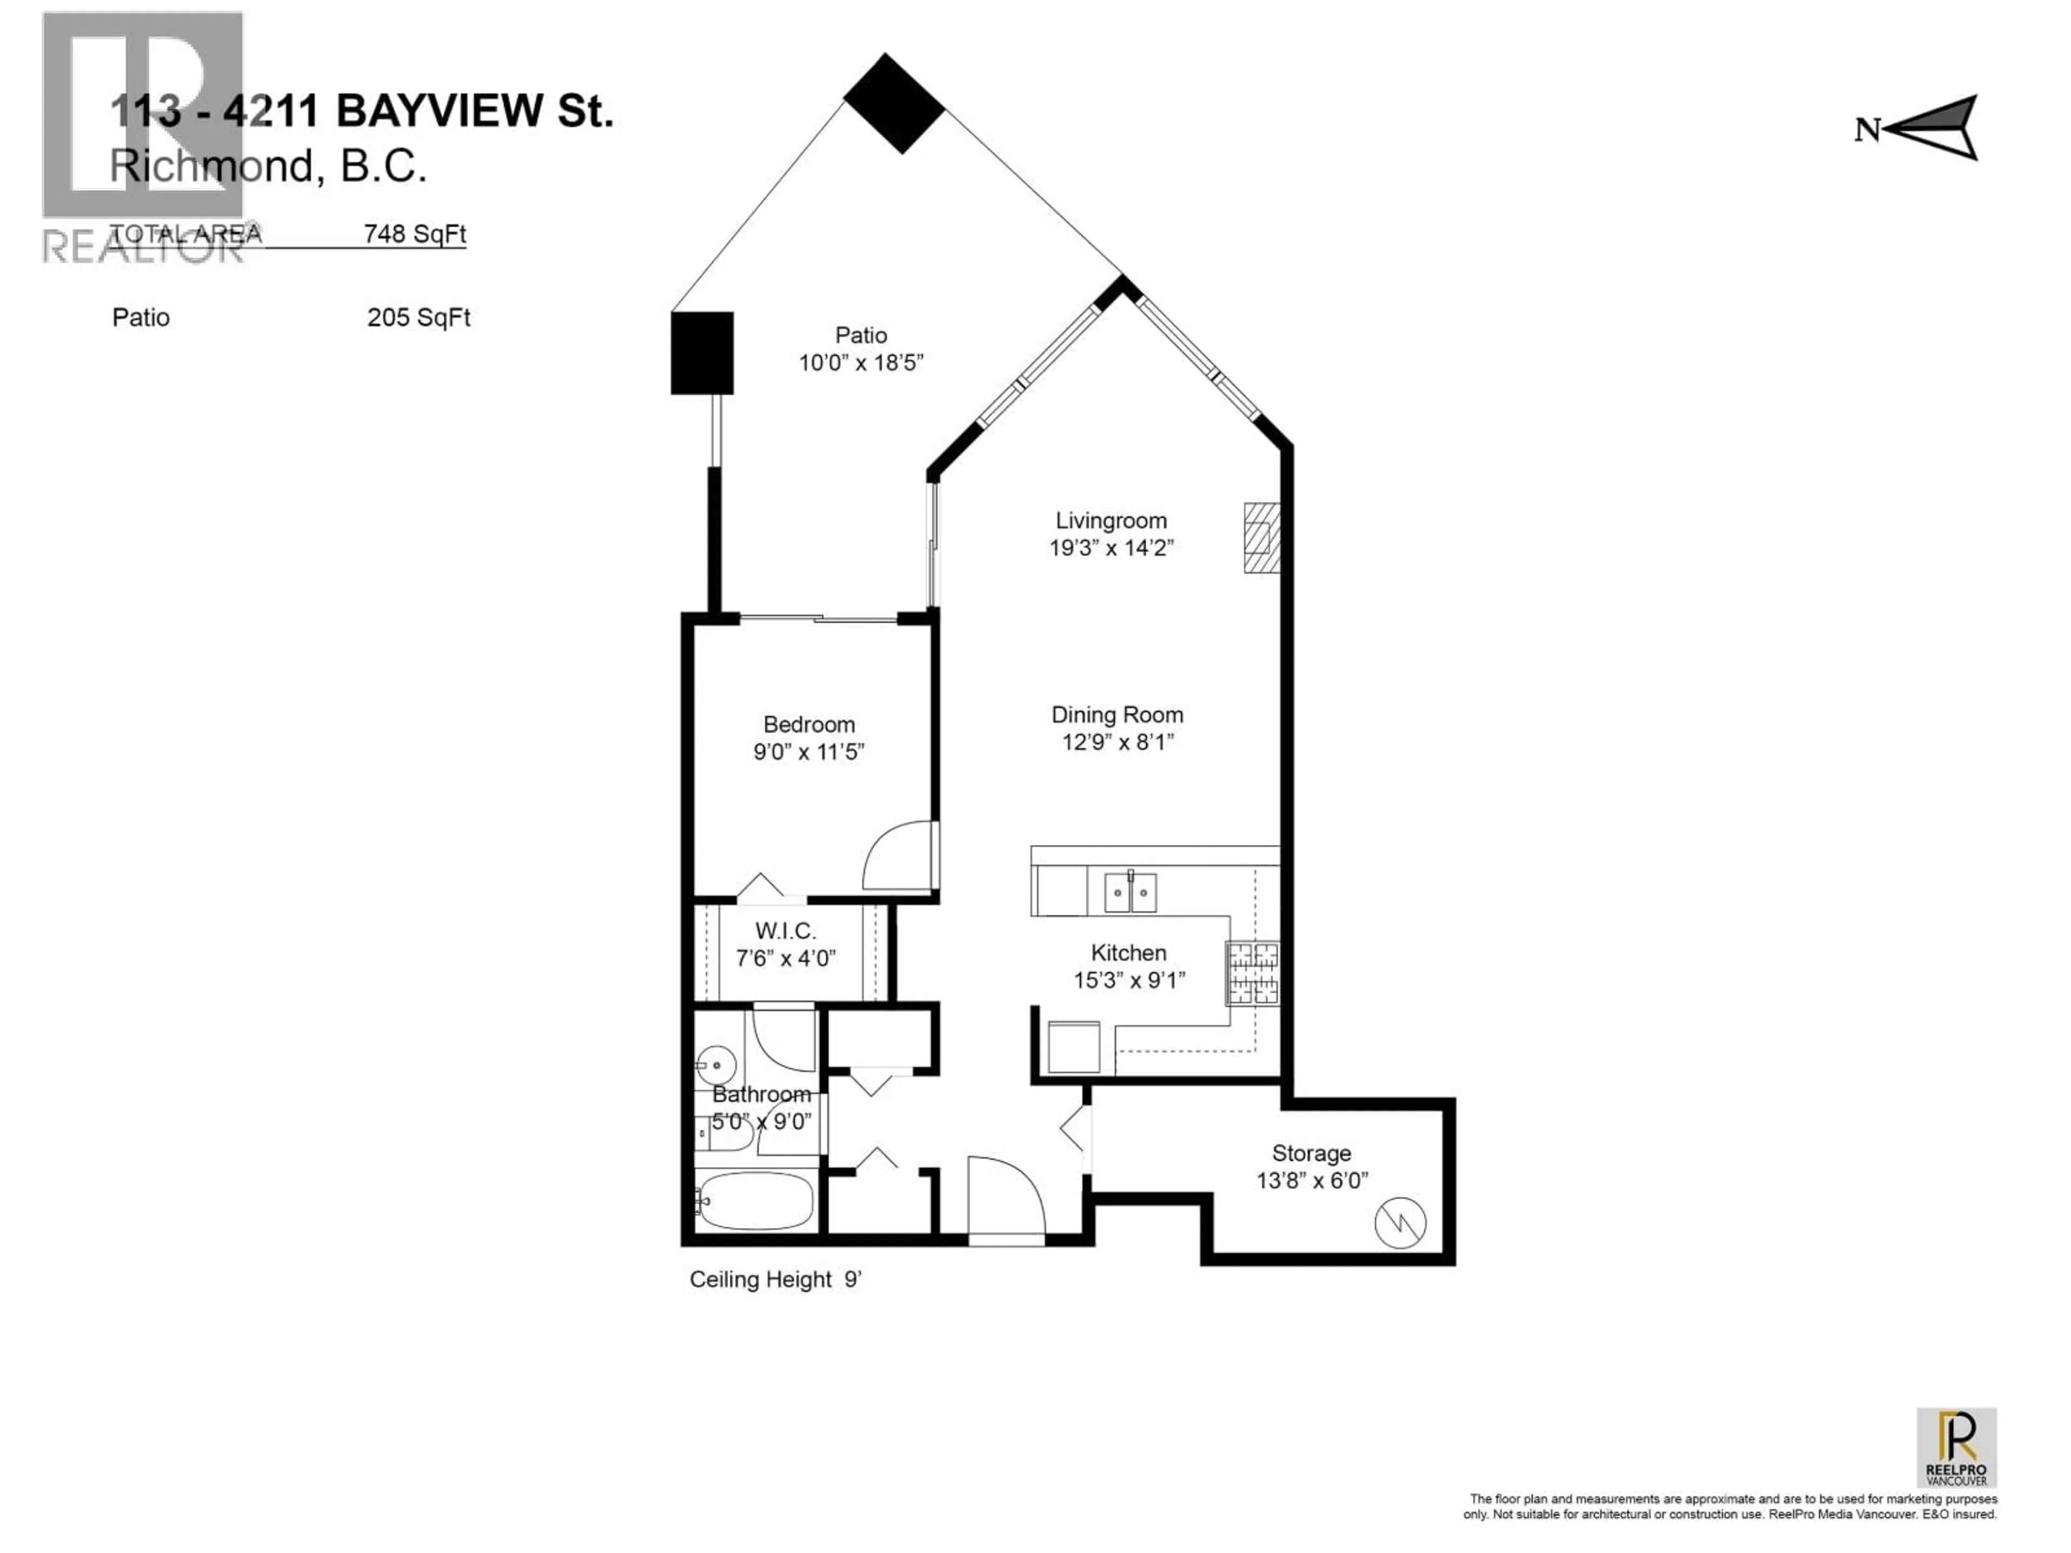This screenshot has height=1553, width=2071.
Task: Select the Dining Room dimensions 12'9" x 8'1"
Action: click(x=1117, y=743)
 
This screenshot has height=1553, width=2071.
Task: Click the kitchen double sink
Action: click(x=1130, y=892)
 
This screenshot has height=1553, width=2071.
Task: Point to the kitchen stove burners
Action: click(x=1253, y=973)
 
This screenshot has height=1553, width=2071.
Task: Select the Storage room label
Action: click(x=1311, y=1153)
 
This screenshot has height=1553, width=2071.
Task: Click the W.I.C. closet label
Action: click(x=785, y=931)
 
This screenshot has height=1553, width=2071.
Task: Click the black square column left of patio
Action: click(x=701, y=352)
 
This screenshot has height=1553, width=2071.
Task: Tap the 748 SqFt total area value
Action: click(x=415, y=234)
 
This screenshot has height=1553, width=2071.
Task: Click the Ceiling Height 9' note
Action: click(x=774, y=1280)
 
